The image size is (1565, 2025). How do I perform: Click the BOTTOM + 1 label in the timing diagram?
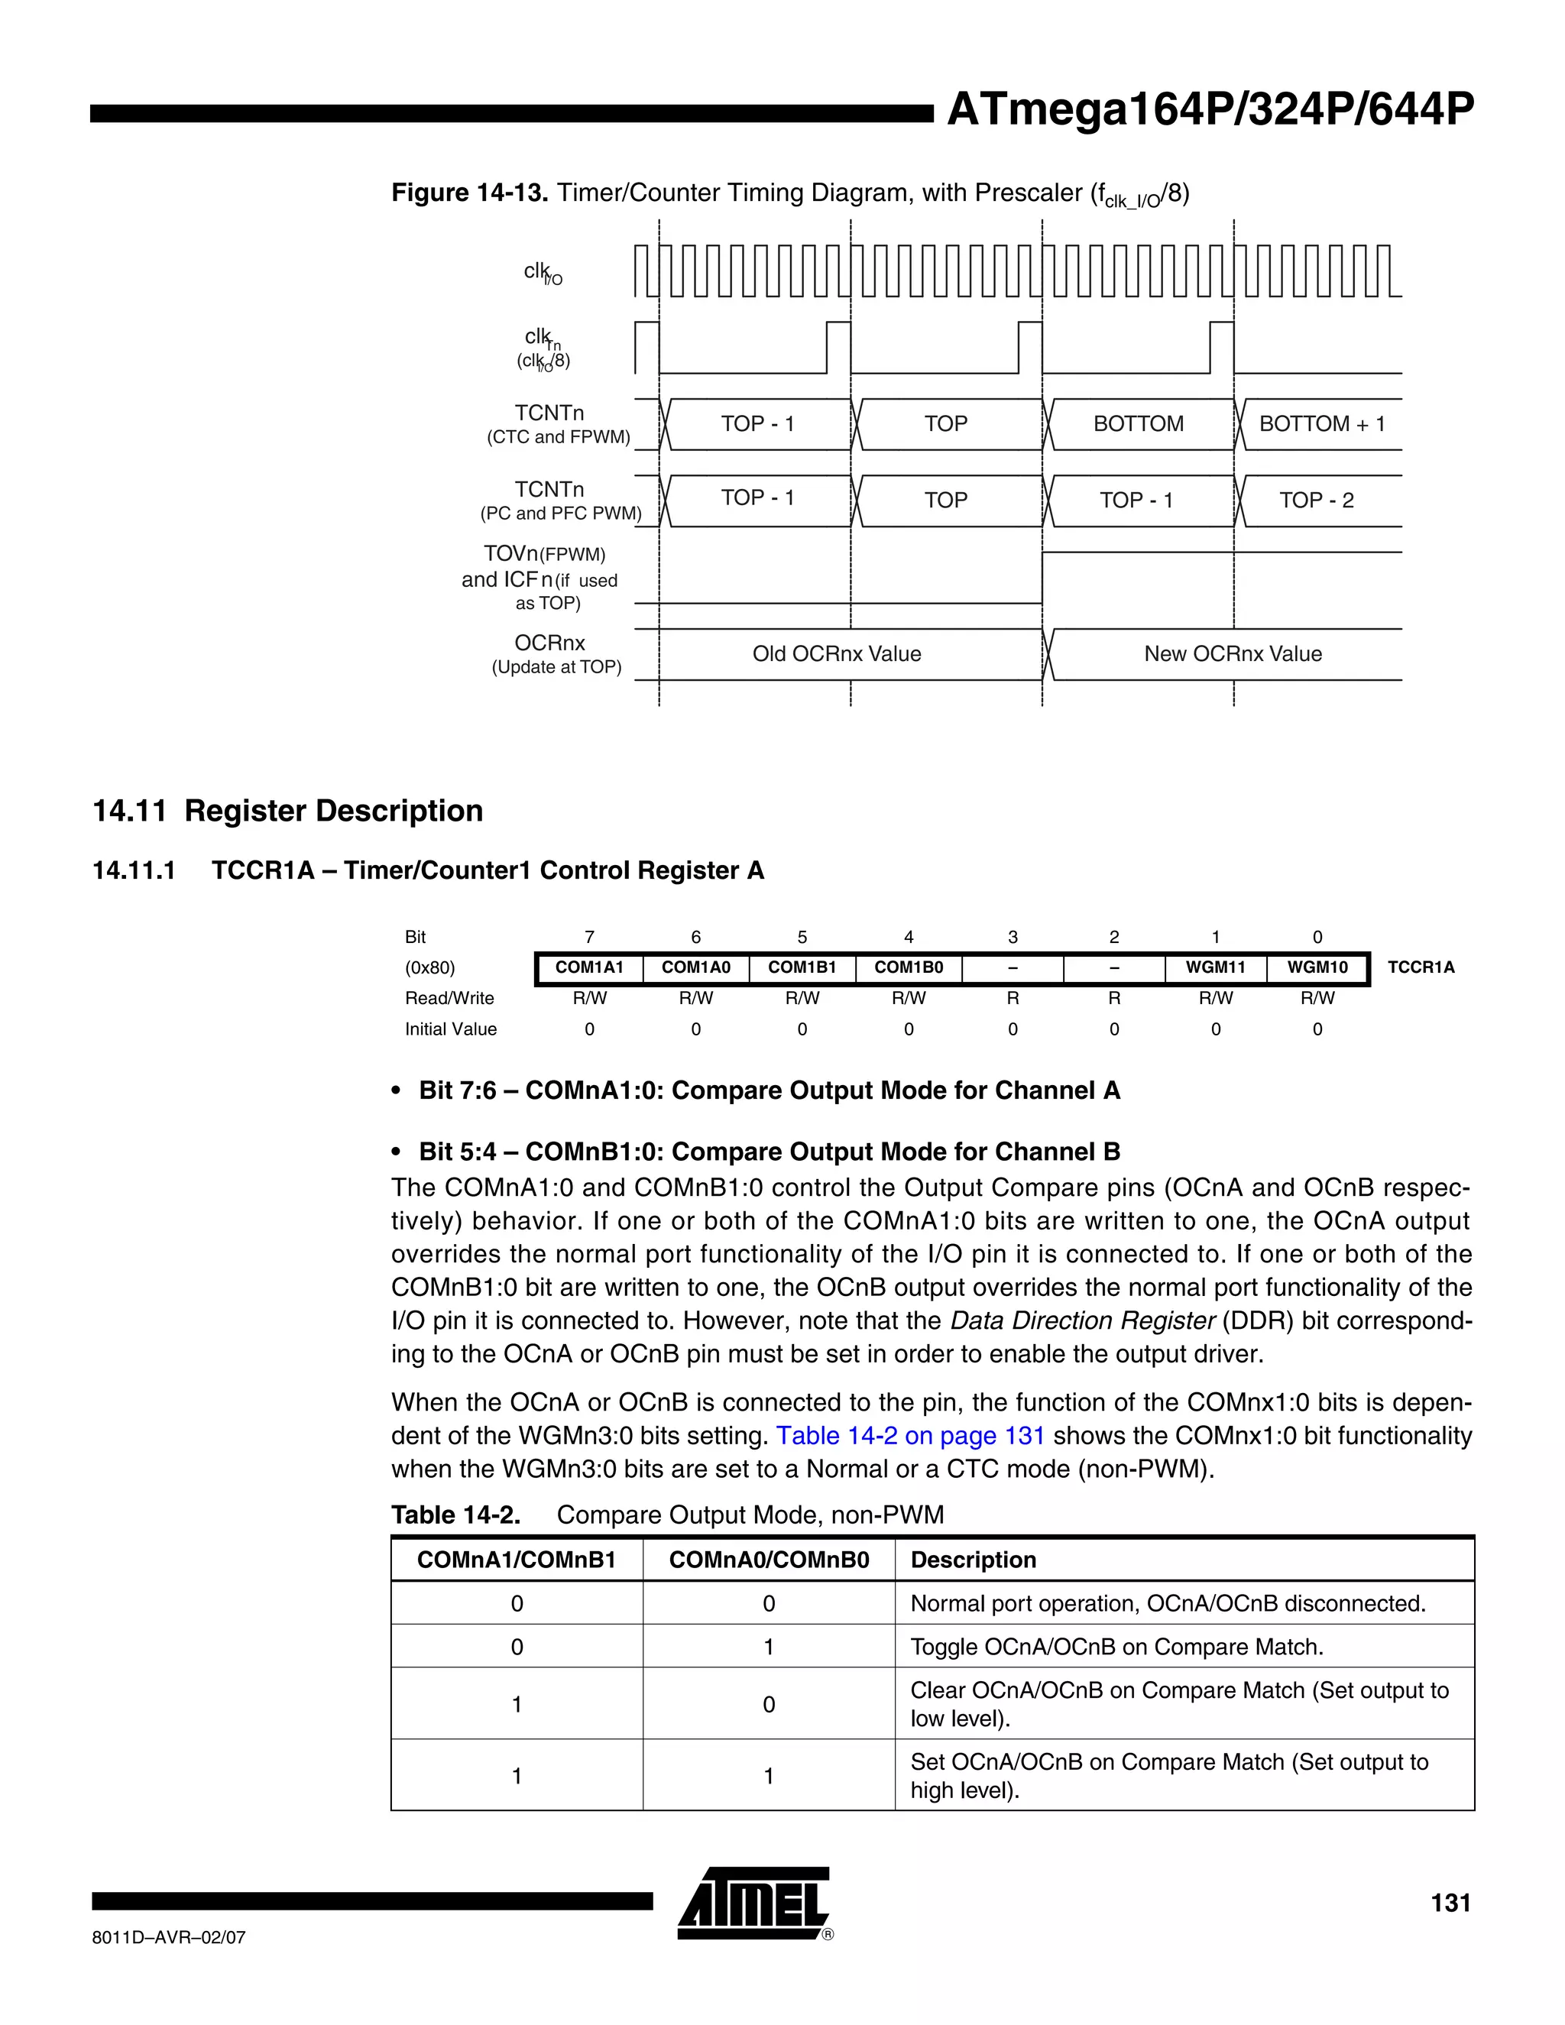pyautogui.click(x=1321, y=424)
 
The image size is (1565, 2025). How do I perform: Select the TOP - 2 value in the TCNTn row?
pyautogui.click(x=1316, y=501)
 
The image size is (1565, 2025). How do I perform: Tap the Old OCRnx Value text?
pyautogui.click(x=836, y=653)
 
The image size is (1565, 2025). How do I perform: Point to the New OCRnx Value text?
pyautogui.click(x=1232, y=653)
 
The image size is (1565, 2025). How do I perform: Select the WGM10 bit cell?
pyautogui.click(x=1317, y=967)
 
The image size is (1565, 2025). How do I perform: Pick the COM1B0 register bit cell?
pyautogui.click(x=908, y=967)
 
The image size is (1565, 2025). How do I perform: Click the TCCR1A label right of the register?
pyautogui.click(x=1421, y=967)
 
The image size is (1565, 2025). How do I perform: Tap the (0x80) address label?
pyautogui.click(x=429, y=967)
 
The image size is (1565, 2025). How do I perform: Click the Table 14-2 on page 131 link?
pyautogui.click(x=909, y=1435)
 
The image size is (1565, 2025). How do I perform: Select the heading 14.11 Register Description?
pyautogui.click(x=287, y=810)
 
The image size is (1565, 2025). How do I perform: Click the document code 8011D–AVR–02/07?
pyautogui.click(x=169, y=1938)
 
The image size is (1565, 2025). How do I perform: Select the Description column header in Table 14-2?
pyautogui.click(x=973, y=1560)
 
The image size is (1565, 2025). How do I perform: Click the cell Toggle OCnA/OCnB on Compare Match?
pyautogui.click(x=1116, y=1647)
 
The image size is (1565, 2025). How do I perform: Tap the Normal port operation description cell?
pyautogui.click(x=1168, y=1603)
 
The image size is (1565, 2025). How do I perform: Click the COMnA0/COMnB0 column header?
pyautogui.click(x=769, y=1560)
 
